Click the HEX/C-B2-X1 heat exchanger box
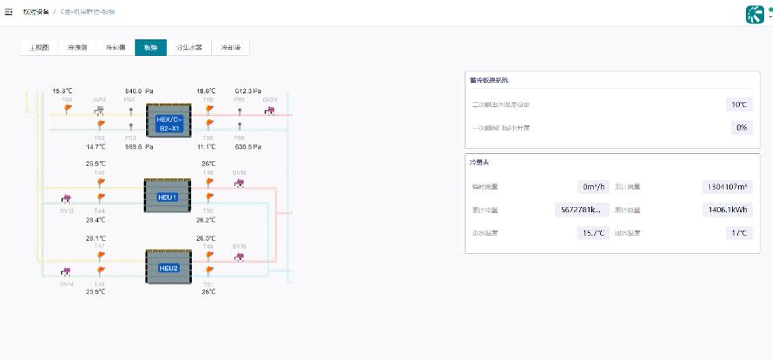(x=169, y=121)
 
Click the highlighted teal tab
(x=150, y=48)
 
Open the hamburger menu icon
(x=8, y=12)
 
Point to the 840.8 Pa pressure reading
(x=139, y=91)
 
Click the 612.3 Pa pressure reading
(x=248, y=91)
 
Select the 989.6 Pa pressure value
(x=139, y=147)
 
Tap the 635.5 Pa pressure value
(x=248, y=147)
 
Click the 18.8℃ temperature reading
(x=206, y=91)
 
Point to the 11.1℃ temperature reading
(x=206, y=147)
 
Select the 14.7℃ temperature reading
(x=95, y=147)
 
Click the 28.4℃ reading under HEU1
(x=95, y=220)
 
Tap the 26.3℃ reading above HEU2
(x=206, y=238)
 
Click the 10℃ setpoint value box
(x=739, y=105)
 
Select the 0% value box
(x=741, y=128)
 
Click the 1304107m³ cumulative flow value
(x=727, y=187)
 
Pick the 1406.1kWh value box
(x=727, y=210)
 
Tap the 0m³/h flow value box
(x=593, y=187)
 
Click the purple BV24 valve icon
(x=269, y=111)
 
